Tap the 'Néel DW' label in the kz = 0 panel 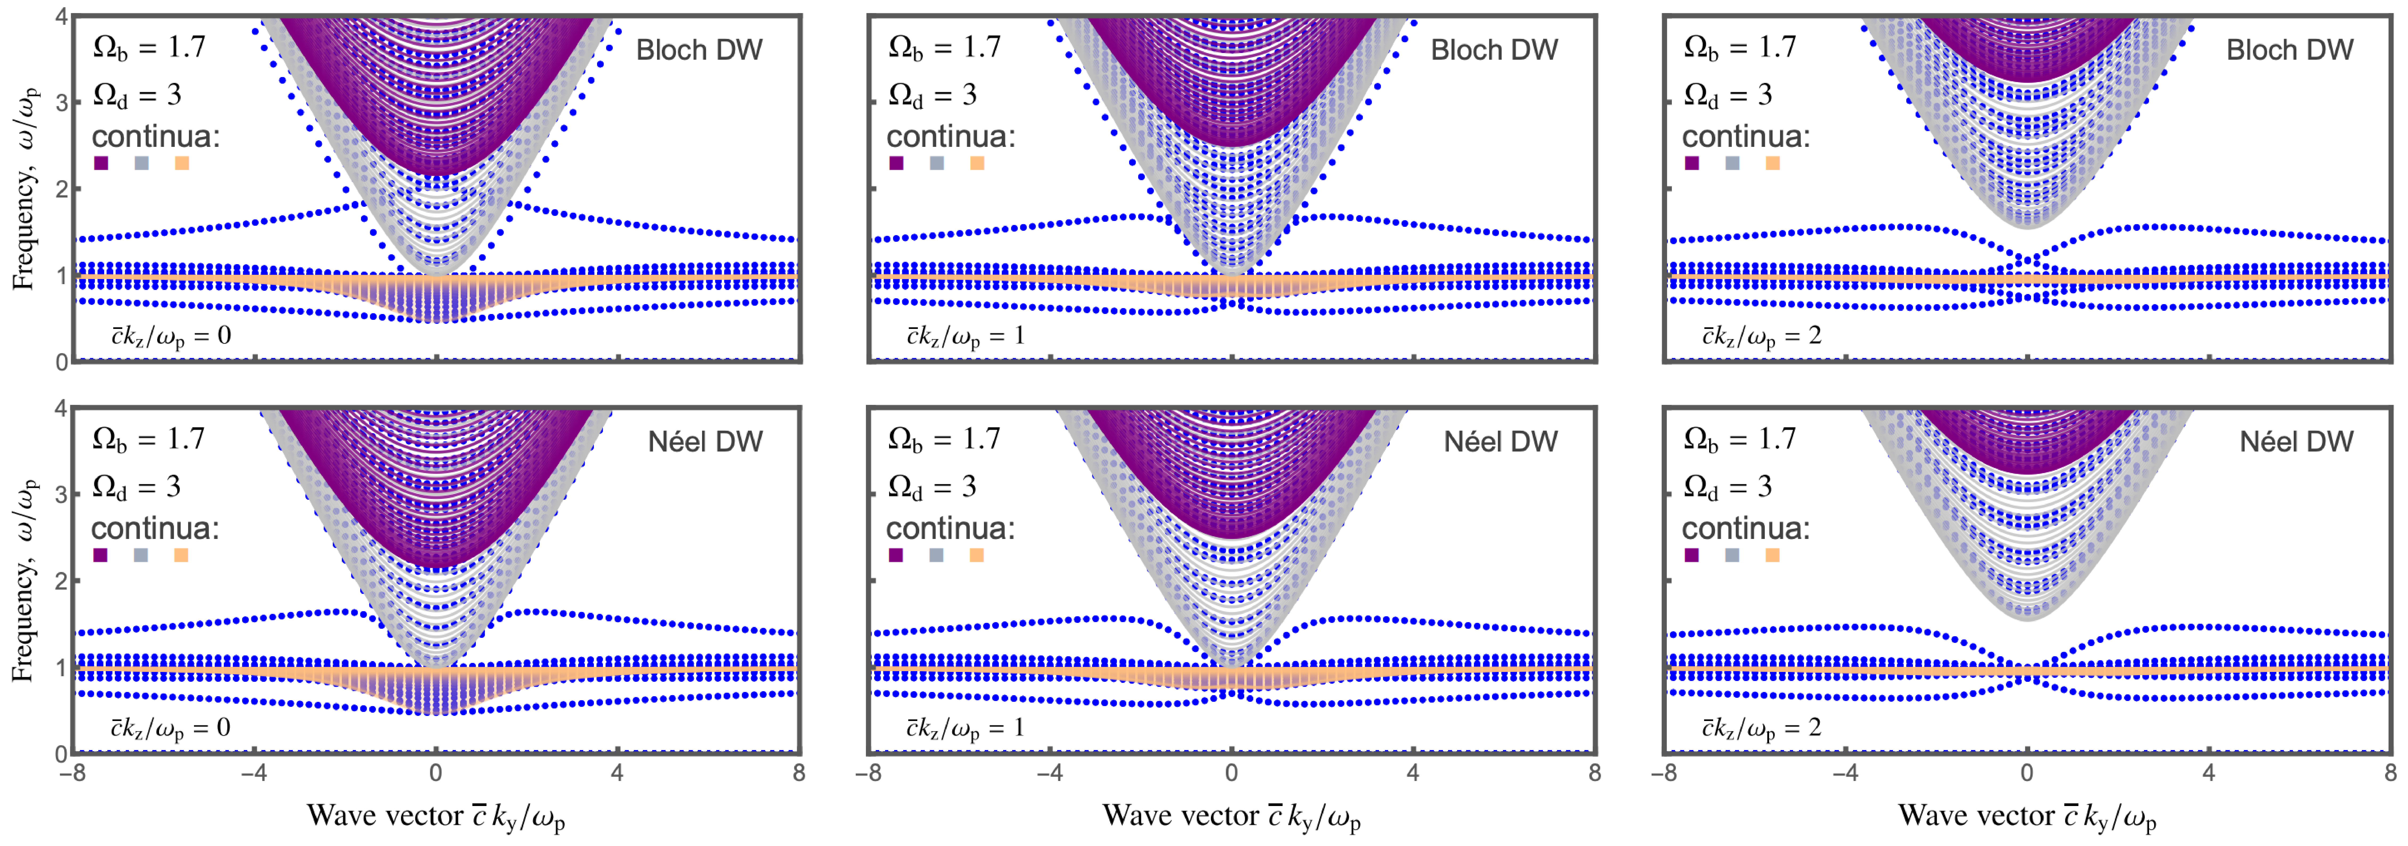pyautogui.click(x=705, y=441)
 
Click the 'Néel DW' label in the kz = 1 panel pyautogui.click(x=1500, y=441)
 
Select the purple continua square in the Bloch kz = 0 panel pyautogui.click(x=101, y=164)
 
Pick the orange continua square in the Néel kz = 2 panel pyautogui.click(x=1772, y=555)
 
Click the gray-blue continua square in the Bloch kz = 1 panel pyautogui.click(x=937, y=164)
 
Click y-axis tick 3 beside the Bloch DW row pyautogui.click(x=62, y=103)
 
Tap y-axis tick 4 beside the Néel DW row pyautogui.click(x=62, y=409)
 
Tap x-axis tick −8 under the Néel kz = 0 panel pyautogui.click(x=71, y=773)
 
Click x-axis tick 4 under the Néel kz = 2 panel pyautogui.click(x=2208, y=773)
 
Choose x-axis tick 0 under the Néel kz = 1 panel pyautogui.click(x=1231, y=773)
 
